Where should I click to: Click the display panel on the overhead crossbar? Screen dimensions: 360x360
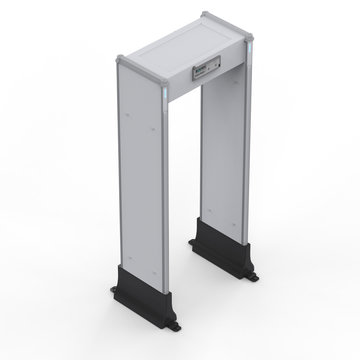tap(204, 71)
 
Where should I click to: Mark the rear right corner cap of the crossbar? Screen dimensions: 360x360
tap(206, 15)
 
